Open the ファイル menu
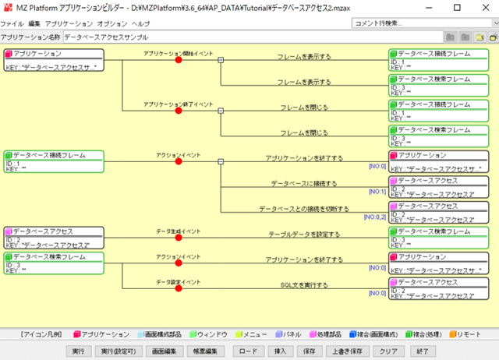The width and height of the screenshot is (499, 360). click(x=12, y=24)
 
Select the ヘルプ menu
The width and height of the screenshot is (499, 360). click(x=140, y=24)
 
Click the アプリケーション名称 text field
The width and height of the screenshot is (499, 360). click(x=249, y=37)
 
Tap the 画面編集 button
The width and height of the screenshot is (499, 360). click(x=165, y=351)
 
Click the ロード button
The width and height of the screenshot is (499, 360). click(x=247, y=351)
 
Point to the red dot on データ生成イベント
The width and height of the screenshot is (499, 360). click(x=179, y=238)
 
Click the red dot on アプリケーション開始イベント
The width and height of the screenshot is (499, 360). click(x=179, y=59)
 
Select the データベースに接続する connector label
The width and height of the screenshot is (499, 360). click(x=304, y=184)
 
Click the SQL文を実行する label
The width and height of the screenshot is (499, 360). click(x=304, y=285)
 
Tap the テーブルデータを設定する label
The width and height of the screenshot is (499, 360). click(x=304, y=234)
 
